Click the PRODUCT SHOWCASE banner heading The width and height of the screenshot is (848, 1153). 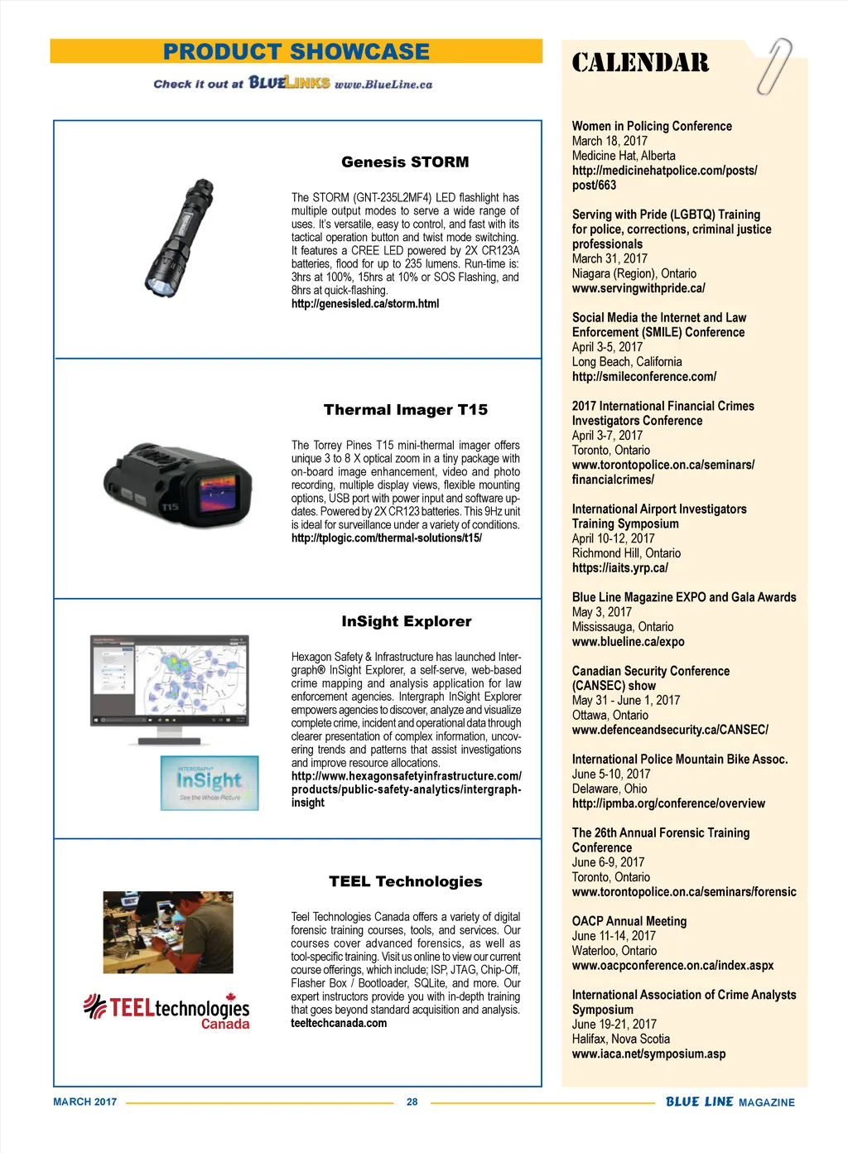click(296, 51)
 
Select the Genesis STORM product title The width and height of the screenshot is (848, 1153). click(405, 162)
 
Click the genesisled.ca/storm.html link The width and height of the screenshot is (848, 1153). click(365, 304)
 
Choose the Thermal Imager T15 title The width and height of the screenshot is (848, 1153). click(406, 410)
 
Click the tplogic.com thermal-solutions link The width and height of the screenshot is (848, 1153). click(387, 538)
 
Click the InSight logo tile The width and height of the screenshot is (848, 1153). click(210, 783)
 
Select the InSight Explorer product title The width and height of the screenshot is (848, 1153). click(407, 621)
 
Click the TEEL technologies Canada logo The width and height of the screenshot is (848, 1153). click(167, 1011)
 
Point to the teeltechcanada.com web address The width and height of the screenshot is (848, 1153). click(339, 1023)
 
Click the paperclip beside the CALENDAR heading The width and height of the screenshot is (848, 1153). click(773, 66)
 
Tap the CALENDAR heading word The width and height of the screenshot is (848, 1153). click(640, 63)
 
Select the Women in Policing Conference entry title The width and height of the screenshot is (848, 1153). click(652, 126)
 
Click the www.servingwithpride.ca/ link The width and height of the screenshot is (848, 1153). click(638, 288)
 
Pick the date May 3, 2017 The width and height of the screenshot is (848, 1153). click(601, 612)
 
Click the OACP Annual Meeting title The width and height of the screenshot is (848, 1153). click(629, 921)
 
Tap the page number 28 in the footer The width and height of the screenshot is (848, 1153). click(412, 1102)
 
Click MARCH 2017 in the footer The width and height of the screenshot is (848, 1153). click(85, 1102)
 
